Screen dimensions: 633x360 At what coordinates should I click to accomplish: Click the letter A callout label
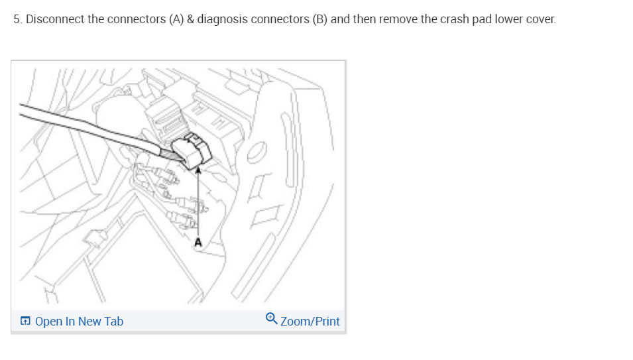coord(197,243)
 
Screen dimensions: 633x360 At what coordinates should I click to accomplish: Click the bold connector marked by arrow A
coord(193,149)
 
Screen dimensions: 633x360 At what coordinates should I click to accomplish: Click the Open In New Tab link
coord(78,322)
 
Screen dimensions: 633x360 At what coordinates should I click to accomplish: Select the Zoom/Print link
coord(310,322)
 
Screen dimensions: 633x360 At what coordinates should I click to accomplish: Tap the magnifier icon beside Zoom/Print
coord(272,320)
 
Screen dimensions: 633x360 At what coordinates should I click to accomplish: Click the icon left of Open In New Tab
coord(25,322)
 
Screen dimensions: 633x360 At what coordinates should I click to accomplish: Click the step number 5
coord(17,19)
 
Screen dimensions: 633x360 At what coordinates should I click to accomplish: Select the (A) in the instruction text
coord(176,19)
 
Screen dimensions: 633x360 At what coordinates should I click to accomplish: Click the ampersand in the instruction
coord(190,19)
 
